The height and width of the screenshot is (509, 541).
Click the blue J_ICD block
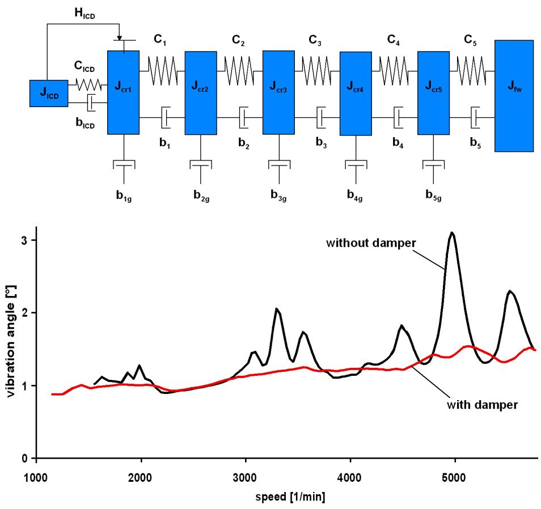coord(48,94)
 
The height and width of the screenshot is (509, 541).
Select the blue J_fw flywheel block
coord(514,95)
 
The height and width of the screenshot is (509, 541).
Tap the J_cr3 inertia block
coord(278,92)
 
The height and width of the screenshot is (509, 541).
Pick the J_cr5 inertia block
coord(433,92)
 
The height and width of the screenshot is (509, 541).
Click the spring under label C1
coord(162,71)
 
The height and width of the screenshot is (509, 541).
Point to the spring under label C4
coord(394,71)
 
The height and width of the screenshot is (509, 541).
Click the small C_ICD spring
coord(88,86)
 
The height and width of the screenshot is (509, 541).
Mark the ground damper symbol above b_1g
coord(123,164)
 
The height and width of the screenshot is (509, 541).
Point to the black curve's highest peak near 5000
coord(452,233)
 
